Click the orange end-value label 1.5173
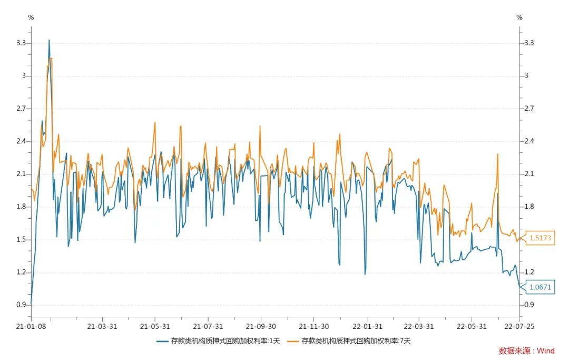540,238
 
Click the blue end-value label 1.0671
540,287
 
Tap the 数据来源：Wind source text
526,351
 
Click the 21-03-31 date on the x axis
102,326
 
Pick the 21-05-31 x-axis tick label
155,326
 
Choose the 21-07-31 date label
208,326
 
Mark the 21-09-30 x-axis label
261,326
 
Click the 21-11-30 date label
314,326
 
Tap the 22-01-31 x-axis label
367,326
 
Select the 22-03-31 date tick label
419,326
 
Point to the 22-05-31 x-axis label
472,326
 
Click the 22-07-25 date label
519,326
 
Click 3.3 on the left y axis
22,43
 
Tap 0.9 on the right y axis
529,305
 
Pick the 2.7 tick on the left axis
22,109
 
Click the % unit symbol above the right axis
519,17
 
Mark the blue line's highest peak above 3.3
49,40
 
